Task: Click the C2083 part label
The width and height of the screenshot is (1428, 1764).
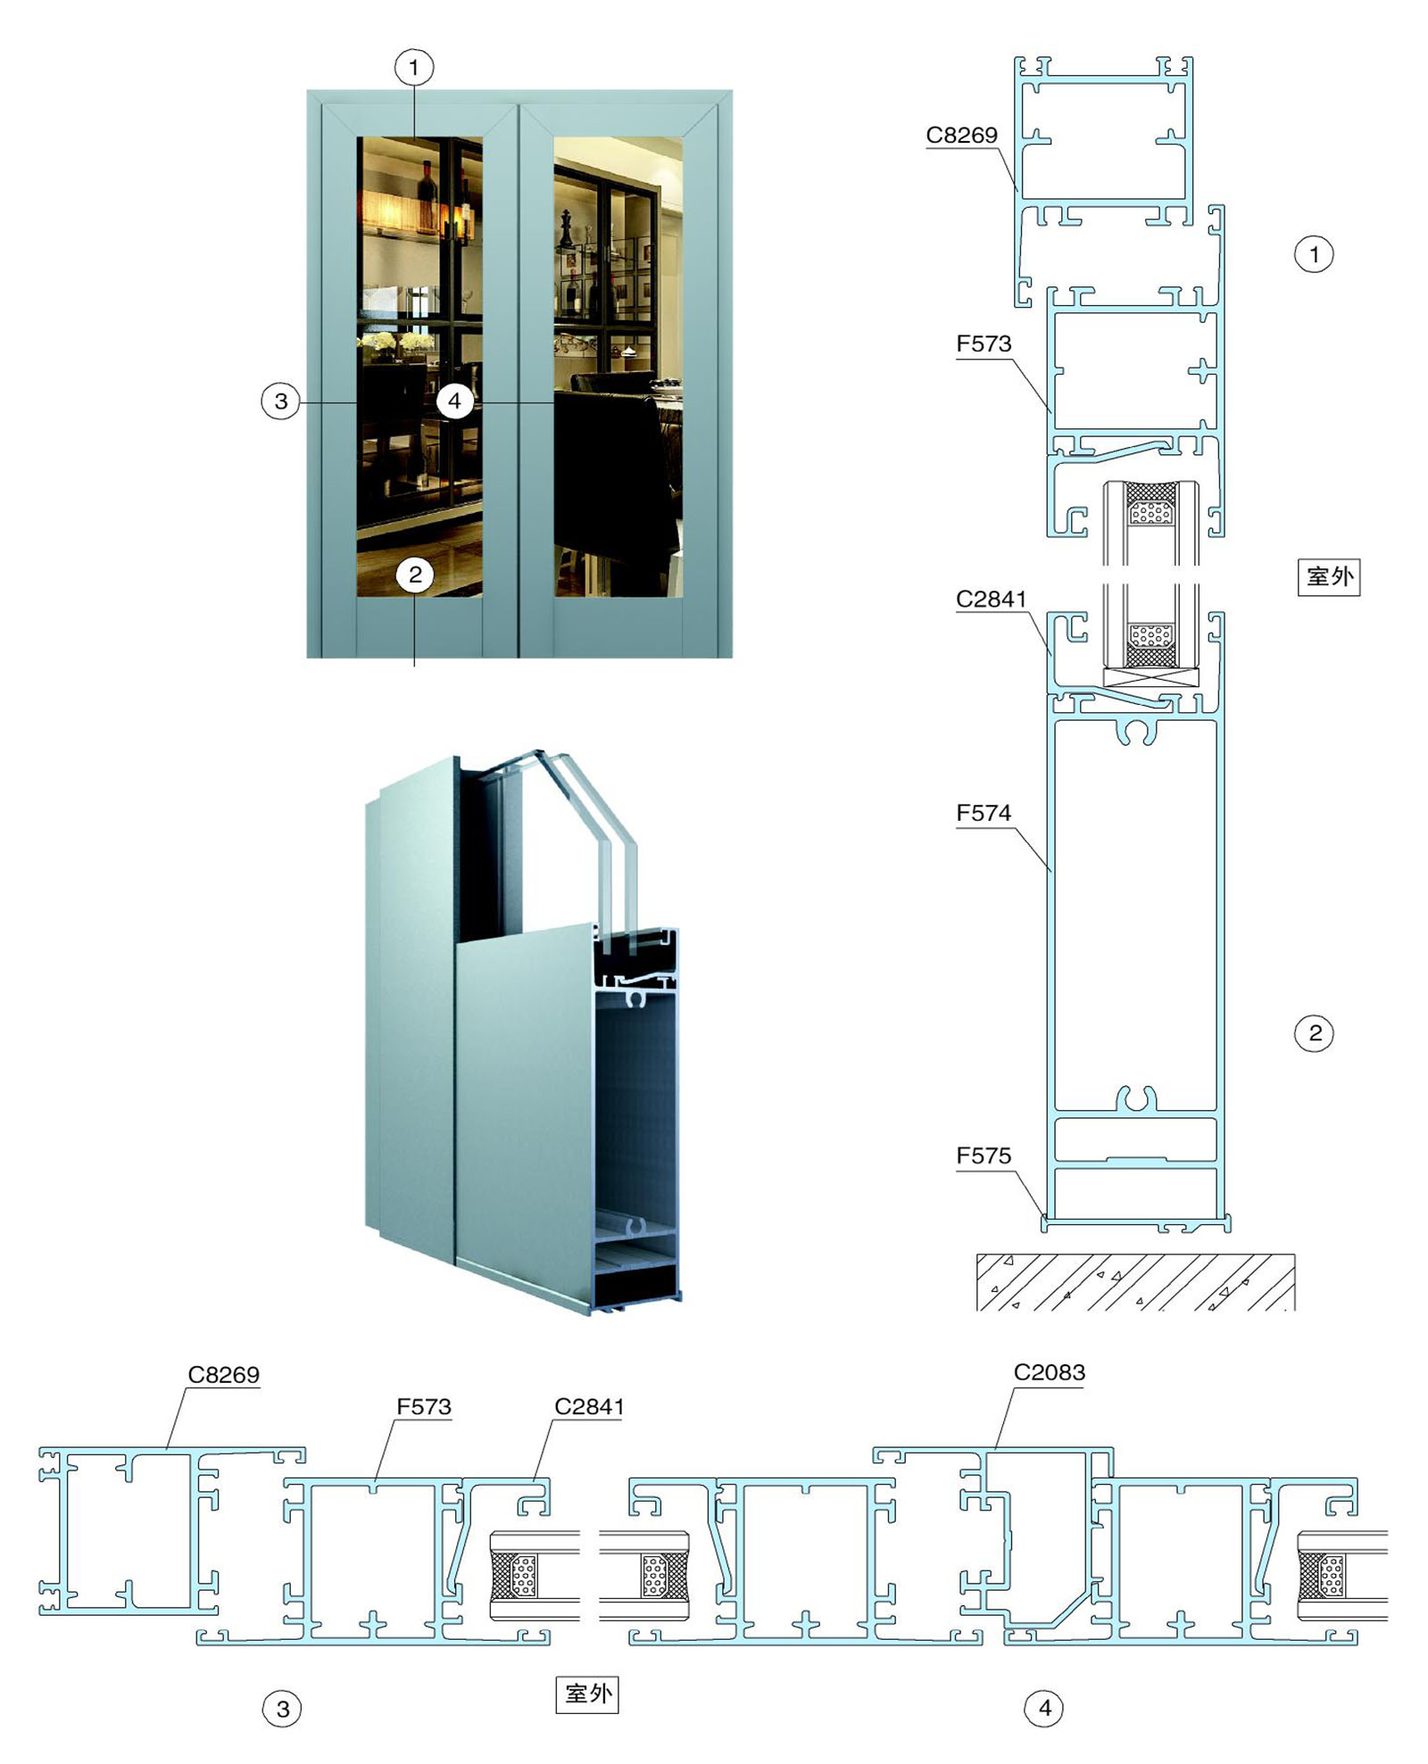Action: tap(1049, 1372)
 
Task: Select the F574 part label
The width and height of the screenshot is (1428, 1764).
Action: tap(984, 813)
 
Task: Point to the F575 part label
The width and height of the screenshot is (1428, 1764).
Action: tap(984, 1155)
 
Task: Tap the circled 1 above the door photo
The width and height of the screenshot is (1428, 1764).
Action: tap(414, 67)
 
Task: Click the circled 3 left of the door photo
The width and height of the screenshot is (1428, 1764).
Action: tap(281, 401)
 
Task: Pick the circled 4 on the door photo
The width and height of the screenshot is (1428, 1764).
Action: tap(454, 401)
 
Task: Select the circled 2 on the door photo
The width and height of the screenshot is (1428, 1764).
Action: tap(415, 575)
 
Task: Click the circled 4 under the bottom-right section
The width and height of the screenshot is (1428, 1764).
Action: tap(1044, 1708)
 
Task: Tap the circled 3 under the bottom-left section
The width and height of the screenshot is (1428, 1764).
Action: tap(282, 1709)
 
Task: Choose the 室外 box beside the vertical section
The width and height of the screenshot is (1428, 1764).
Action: tap(1328, 577)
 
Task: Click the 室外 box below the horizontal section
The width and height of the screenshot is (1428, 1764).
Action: tap(587, 1694)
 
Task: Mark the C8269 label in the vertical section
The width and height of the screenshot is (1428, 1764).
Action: tap(961, 135)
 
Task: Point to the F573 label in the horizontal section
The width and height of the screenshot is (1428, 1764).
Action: tap(424, 1407)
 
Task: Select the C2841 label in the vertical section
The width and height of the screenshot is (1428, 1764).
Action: tap(991, 599)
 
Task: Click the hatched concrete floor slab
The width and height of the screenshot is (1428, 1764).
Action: tap(1135, 1282)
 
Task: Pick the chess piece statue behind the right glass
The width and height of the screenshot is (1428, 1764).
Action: tap(566, 230)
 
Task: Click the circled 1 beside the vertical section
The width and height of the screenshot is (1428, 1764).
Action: tap(1314, 254)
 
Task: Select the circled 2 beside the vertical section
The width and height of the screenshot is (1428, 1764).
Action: tap(1314, 1033)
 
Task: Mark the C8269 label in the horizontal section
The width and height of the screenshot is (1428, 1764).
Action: tap(223, 1375)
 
